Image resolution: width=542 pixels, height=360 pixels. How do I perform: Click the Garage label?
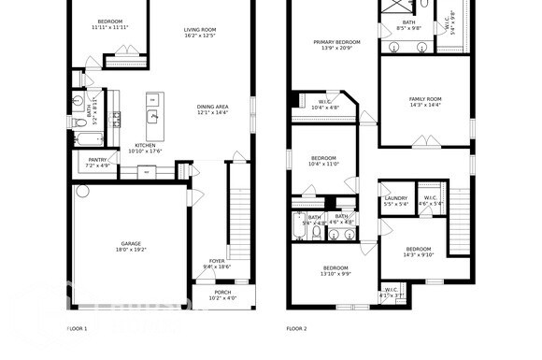point(131,247)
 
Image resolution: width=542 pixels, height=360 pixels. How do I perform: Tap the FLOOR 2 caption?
point(296,329)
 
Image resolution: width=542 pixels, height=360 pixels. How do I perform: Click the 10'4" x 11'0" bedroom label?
point(323,161)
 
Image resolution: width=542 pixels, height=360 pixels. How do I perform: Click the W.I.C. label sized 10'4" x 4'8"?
point(326,105)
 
